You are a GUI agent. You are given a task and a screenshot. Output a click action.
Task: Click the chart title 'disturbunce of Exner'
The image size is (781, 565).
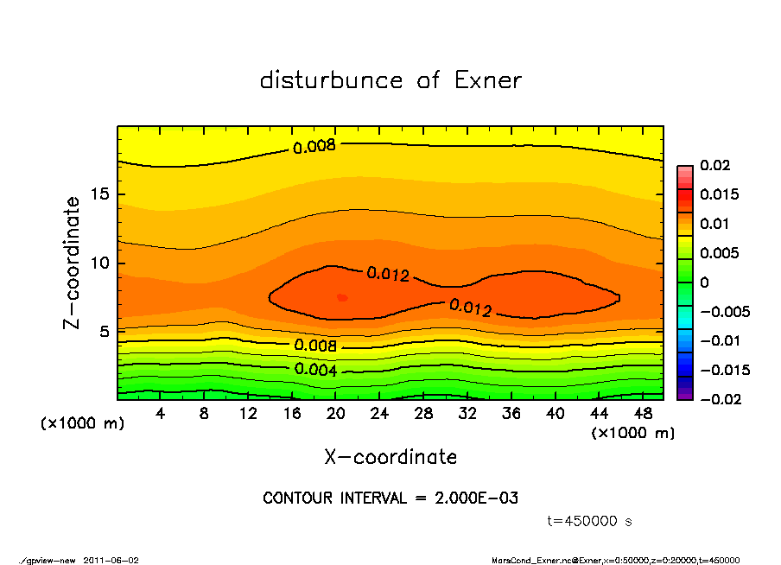pos(390,80)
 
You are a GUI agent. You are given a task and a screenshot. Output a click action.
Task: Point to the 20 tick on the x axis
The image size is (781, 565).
pos(336,414)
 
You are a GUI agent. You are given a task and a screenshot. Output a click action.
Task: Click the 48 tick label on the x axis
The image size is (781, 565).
pos(642,414)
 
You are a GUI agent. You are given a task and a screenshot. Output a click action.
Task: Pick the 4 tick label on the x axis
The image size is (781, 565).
pos(161,414)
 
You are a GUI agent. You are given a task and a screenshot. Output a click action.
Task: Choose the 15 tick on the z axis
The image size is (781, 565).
pos(100,194)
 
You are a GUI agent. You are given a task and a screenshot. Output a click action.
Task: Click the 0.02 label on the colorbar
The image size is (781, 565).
pos(715,165)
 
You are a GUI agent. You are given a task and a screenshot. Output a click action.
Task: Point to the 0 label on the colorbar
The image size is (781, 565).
pos(704,282)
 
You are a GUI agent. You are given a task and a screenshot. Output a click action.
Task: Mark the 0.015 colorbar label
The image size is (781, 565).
pos(719,194)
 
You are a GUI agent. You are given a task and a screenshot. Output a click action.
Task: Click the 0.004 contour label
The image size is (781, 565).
pos(315,370)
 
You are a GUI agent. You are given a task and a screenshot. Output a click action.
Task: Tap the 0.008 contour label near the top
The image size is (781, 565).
pos(314,147)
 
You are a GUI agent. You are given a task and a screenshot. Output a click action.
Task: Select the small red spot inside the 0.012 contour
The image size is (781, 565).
pos(342,297)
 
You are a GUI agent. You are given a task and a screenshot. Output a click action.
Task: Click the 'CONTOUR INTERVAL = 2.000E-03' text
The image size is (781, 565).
pos(390,498)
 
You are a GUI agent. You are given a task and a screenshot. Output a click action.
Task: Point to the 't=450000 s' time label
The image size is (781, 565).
pos(590,521)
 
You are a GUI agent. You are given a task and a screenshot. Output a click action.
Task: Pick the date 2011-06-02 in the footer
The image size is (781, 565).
pos(111,560)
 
